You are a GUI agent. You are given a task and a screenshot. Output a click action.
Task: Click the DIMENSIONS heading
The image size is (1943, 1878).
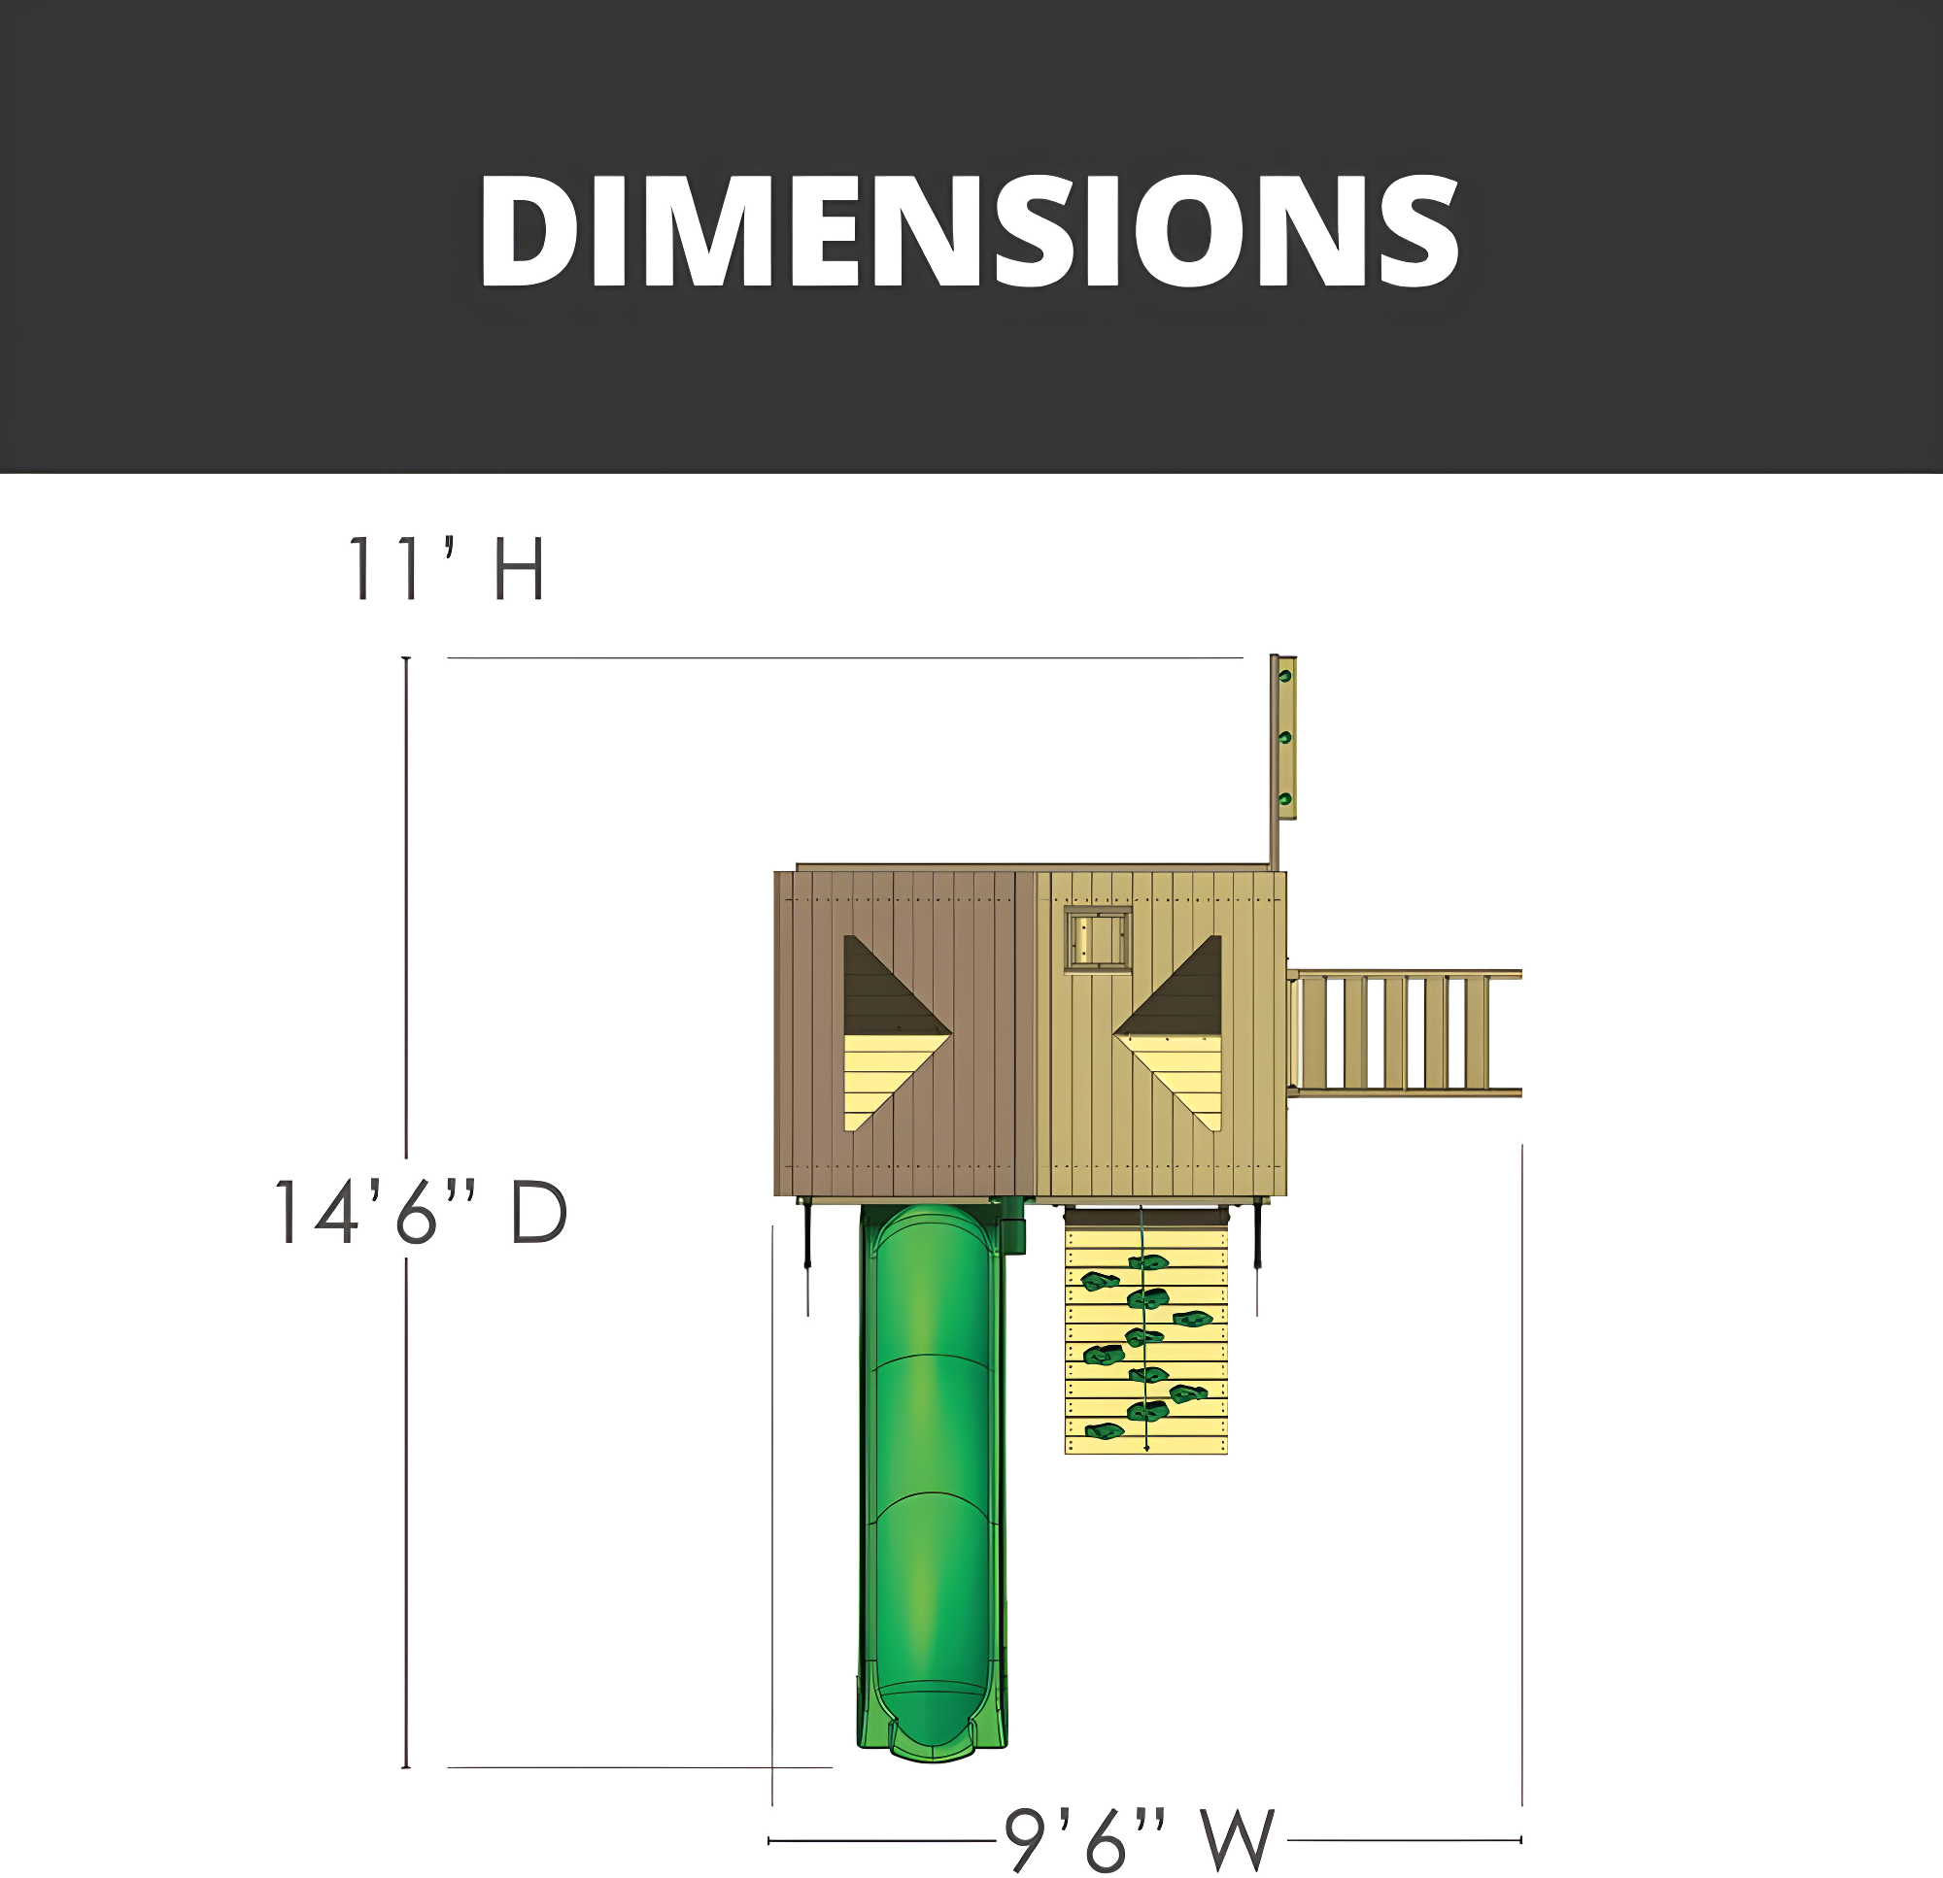tap(970, 231)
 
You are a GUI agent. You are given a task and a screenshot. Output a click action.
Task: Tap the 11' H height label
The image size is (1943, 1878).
tap(446, 568)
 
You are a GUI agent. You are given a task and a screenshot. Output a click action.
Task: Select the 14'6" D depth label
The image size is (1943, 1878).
tap(421, 1211)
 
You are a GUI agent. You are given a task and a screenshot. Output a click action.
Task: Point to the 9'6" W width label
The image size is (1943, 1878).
tap(1140, 1839)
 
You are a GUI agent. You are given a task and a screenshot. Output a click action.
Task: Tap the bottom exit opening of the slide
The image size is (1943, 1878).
tap(932, 1729)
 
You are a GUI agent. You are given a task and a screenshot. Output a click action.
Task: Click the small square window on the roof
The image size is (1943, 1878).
tap(1098, 938)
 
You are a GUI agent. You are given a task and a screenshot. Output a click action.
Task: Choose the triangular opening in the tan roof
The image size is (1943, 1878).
tap(1169, 1032)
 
